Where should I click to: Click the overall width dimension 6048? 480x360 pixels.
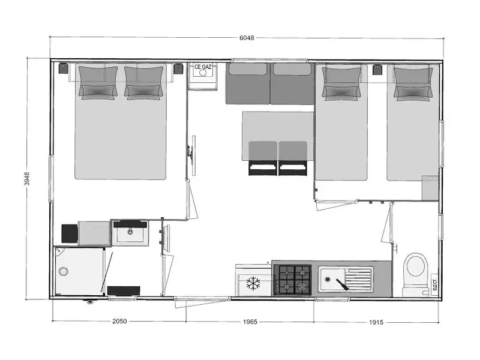247,38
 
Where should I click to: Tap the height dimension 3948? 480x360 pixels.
27,178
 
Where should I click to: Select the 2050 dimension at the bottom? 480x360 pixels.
119,321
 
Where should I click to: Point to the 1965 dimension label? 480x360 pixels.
250,322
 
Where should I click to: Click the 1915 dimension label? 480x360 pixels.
376,322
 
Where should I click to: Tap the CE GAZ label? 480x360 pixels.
203,67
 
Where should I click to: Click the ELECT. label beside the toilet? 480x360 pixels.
434,284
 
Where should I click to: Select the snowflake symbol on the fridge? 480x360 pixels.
253,284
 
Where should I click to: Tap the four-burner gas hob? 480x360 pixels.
292,280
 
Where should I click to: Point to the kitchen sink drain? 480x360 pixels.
328,279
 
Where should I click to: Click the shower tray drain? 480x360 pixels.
64,271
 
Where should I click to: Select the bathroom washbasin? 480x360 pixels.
130,233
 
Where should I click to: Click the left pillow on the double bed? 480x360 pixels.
98,83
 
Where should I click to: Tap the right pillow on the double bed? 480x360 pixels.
143,83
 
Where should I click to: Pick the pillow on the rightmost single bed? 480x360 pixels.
413,84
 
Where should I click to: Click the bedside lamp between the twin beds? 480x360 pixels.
377,70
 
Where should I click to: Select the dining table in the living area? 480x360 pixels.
278,136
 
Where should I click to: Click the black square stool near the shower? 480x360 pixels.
70,233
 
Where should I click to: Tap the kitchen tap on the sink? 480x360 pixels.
342,284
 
